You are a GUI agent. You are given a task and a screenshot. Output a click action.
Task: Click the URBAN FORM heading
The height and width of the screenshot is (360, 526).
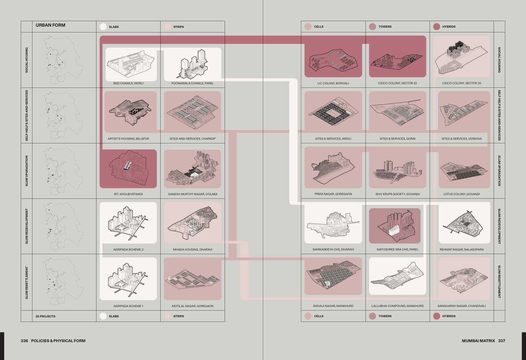point(50,25)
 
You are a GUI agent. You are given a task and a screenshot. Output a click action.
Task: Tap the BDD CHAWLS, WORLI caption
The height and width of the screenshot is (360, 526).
point(128,83)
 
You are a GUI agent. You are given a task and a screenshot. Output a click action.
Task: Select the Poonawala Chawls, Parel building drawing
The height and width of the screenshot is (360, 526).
point(192,64)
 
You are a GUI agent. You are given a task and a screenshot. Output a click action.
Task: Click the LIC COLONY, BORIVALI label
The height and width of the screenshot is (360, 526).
point(333,83)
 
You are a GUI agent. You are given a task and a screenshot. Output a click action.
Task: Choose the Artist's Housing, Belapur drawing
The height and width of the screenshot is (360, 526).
point(130,112)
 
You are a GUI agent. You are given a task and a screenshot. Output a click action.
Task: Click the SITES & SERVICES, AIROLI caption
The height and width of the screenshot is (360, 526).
point(333,138)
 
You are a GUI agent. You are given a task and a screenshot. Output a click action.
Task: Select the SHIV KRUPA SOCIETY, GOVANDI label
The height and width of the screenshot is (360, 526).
point(397,194)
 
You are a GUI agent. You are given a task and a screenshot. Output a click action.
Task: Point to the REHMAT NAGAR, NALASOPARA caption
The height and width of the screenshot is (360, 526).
point(462,250)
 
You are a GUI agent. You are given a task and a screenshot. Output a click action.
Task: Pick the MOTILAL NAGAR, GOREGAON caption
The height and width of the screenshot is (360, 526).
point(193,306)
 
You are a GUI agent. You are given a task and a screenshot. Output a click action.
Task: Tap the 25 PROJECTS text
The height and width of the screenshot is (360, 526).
point(45,316)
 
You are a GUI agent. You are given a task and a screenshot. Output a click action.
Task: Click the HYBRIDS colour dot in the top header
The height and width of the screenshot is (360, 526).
point(436,27)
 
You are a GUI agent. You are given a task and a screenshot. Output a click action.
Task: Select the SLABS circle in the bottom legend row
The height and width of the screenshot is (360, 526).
point(103,316)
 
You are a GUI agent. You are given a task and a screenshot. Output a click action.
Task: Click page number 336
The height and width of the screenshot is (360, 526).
point(24,341)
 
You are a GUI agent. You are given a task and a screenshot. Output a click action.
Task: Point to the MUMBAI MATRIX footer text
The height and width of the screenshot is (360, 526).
point(478,341)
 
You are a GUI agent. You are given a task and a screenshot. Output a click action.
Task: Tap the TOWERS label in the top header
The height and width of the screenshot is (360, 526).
point(385,27)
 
